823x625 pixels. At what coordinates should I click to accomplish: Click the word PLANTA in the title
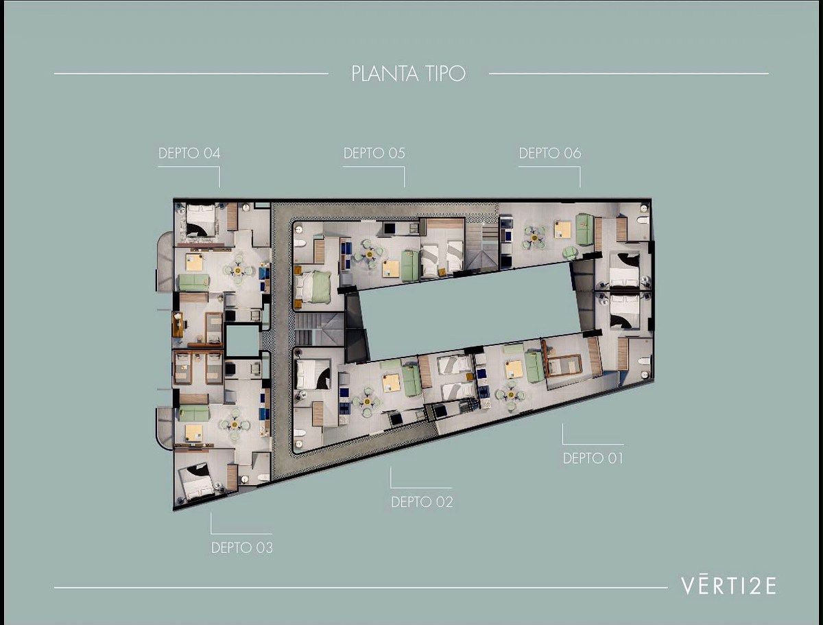pyautogui.click(x=385, y=73)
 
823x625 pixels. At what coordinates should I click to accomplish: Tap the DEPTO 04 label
pyautogui.click(x=189, y=153)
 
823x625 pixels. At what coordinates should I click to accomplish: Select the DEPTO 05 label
pyautogui.click(x=374, y=153)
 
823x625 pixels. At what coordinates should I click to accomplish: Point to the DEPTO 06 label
pyautogui.click(x=550, y=153)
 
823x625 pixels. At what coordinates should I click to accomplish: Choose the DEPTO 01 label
pyautogui.click(x=593, y=458)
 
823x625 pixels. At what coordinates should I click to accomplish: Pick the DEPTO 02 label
pyautogui.click(x=422, y=502)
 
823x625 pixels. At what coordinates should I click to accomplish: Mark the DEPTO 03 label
pyautogui.click(x=242, y=547)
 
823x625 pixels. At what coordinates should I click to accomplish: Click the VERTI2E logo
pyautogui.click(x=728, y=586)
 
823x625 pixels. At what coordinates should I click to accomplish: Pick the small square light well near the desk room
pyautogui.click(x=242, y=339)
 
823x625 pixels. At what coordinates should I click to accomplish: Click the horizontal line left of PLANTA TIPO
pyautogui.click(x=191, y=74)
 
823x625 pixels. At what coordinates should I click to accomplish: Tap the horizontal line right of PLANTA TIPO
pyautogui.click(x=629, y=74)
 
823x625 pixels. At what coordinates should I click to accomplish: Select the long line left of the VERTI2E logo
pyautogui.click(x=361, y=587)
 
